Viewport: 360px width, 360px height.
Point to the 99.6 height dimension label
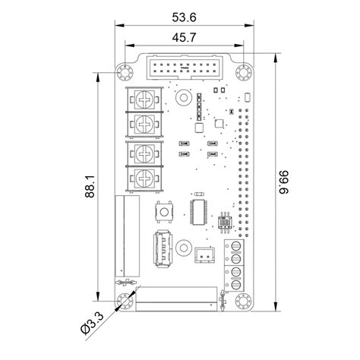click(x=283, y=180)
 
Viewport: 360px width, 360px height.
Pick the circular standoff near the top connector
click(x=183, y=97)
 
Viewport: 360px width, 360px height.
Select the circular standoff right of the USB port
click(x=183, y=248)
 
